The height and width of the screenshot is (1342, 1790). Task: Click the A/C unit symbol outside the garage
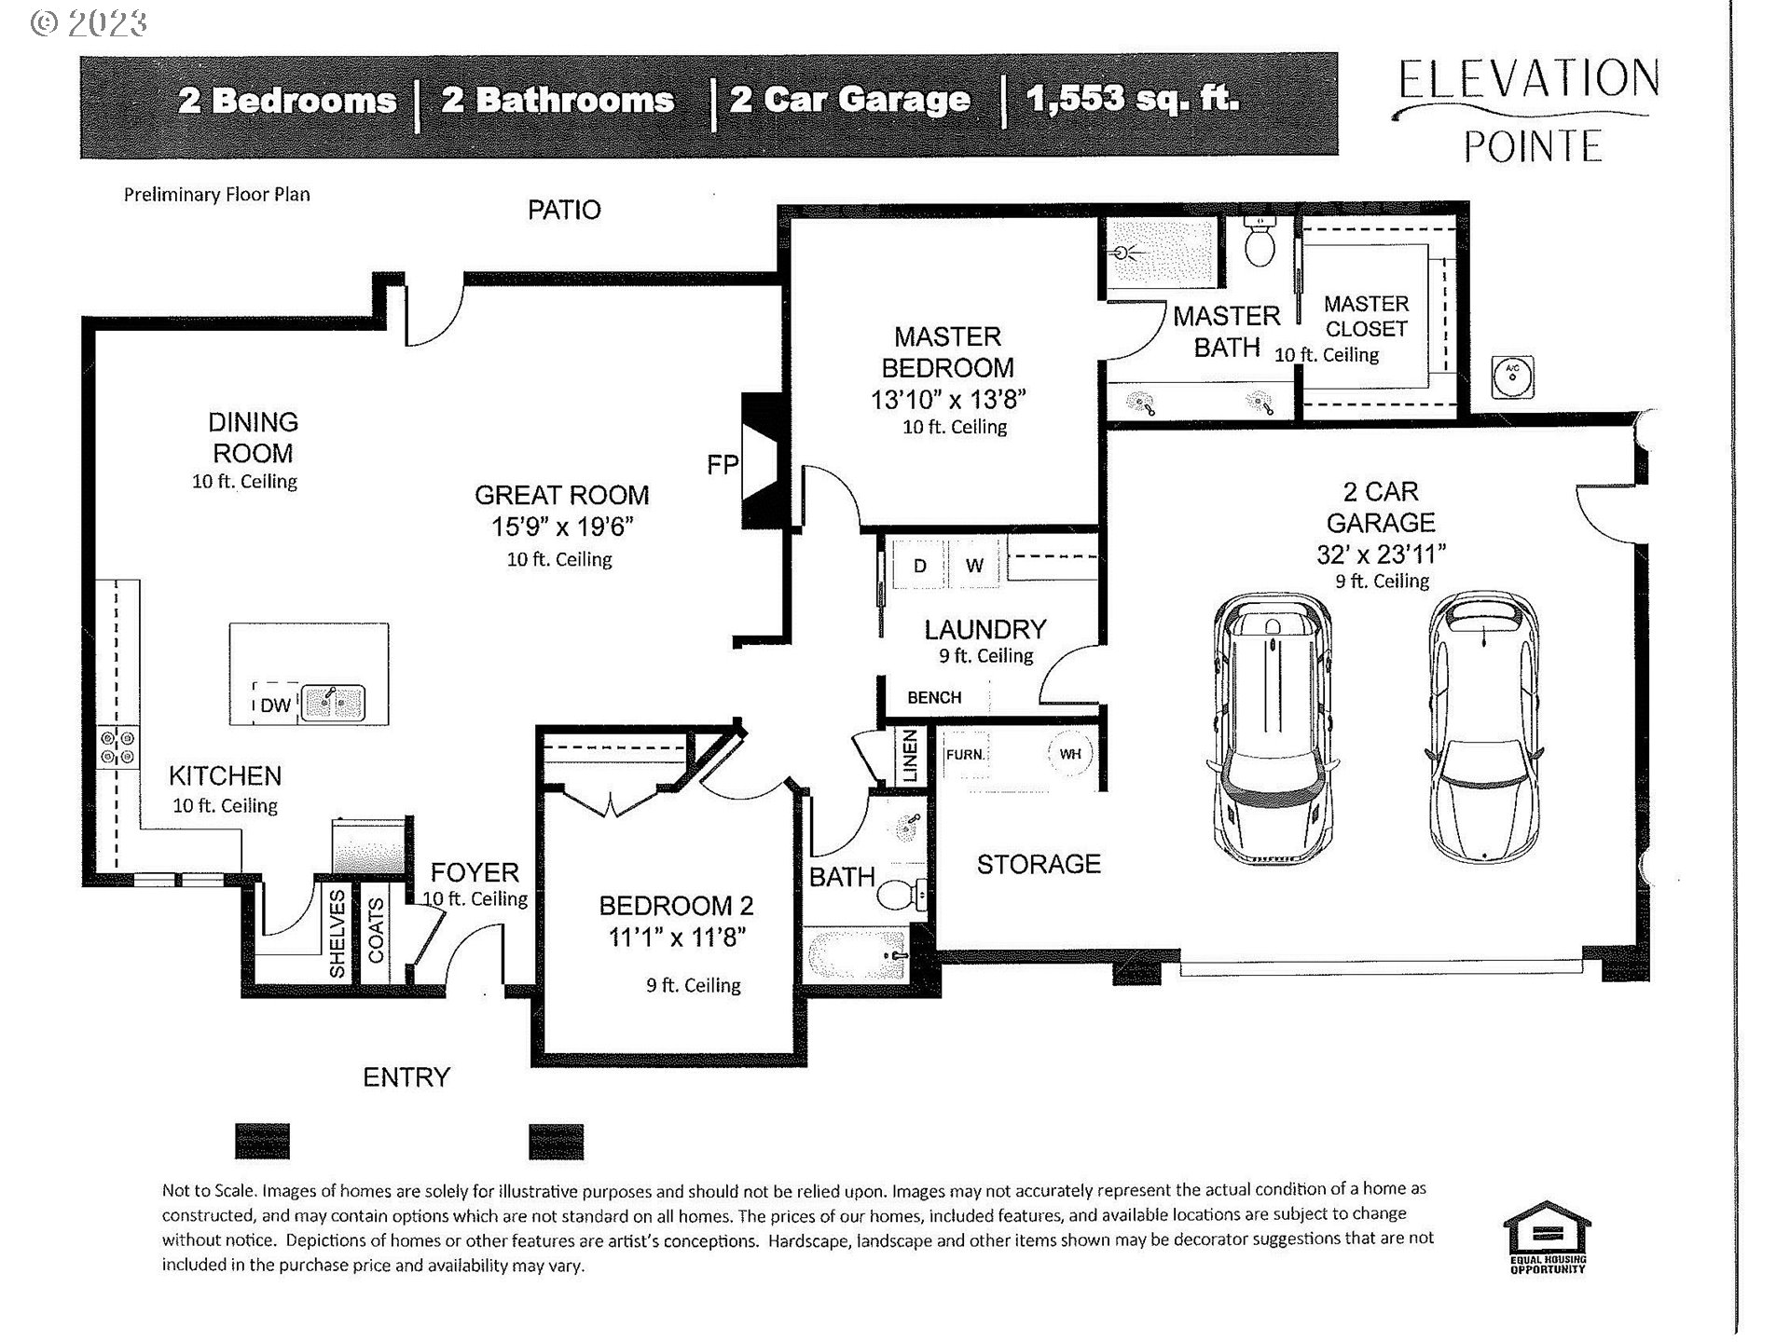[1512, 377]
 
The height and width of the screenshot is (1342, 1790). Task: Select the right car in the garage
[1482, 727]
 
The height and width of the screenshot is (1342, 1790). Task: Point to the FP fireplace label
[722, 464]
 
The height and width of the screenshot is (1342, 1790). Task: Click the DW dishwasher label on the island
[275, 705]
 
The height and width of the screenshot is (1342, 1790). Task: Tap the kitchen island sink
[333, 702]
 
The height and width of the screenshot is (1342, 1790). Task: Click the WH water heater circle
[1069, 754]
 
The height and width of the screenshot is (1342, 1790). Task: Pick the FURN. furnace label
[964, 754]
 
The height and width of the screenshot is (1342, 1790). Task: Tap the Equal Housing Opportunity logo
[1547, 1238]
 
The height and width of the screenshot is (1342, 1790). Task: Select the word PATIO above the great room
[564, 210]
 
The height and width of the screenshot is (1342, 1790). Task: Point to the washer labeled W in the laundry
[974, 566]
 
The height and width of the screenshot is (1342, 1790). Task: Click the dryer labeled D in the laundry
[919, 566]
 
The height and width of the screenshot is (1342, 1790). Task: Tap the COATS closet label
[376, 930]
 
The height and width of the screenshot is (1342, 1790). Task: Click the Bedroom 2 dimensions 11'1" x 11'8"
[677, 937]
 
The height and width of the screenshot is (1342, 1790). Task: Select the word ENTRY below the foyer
[406, 1077]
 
